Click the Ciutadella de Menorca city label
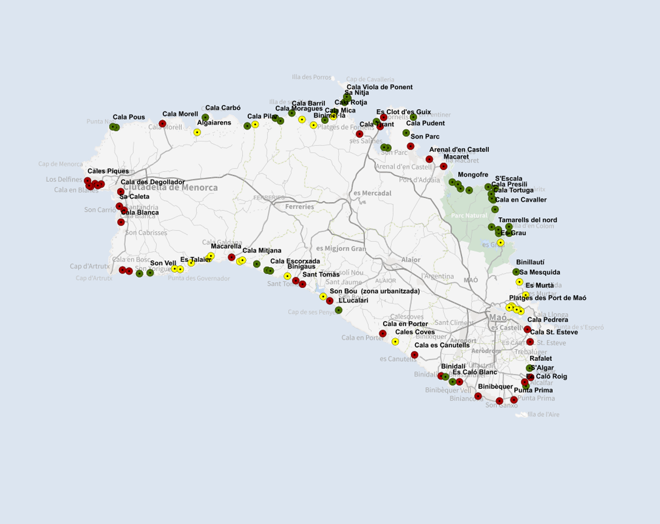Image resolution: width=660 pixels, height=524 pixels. click(170, 188)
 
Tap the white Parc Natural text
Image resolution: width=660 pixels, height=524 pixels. click(469, 216)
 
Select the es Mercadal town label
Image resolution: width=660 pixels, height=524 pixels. click(372, 194)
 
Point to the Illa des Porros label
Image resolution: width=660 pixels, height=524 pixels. click(312, 77)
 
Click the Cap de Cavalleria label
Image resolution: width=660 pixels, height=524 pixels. click(370, 79)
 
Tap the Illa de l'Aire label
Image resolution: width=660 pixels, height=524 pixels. click(543, 414)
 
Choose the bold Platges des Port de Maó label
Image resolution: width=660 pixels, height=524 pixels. click(548, 298)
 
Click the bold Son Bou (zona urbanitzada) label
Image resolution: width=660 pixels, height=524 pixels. click(374, 291)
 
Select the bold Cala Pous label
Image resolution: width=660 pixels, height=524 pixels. click(129, 117)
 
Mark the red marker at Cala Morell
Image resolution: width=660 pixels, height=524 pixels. click(162, 124)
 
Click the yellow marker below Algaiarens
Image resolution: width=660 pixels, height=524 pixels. click(197, 133)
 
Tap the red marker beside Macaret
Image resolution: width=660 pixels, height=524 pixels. click(444, 166)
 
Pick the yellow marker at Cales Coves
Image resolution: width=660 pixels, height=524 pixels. click(395, 342)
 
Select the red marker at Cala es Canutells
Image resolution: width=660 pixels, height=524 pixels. click(414, 355)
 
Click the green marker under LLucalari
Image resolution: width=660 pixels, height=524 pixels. click(338, 310)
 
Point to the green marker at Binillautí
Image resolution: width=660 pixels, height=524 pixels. click(516, 272)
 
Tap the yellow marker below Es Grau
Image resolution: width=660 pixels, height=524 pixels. click(501, 243)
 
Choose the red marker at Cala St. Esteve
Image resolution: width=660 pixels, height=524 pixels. click(530, 342)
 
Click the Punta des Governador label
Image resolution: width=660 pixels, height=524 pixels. click(199, 278)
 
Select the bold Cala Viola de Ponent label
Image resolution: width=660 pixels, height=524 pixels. click(380, 87)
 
